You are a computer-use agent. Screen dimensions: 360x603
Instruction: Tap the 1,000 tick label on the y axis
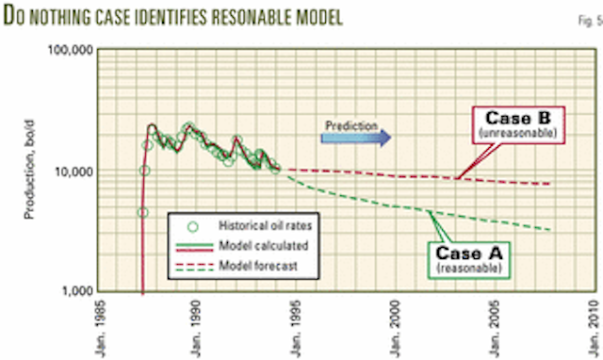coord(75,290)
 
